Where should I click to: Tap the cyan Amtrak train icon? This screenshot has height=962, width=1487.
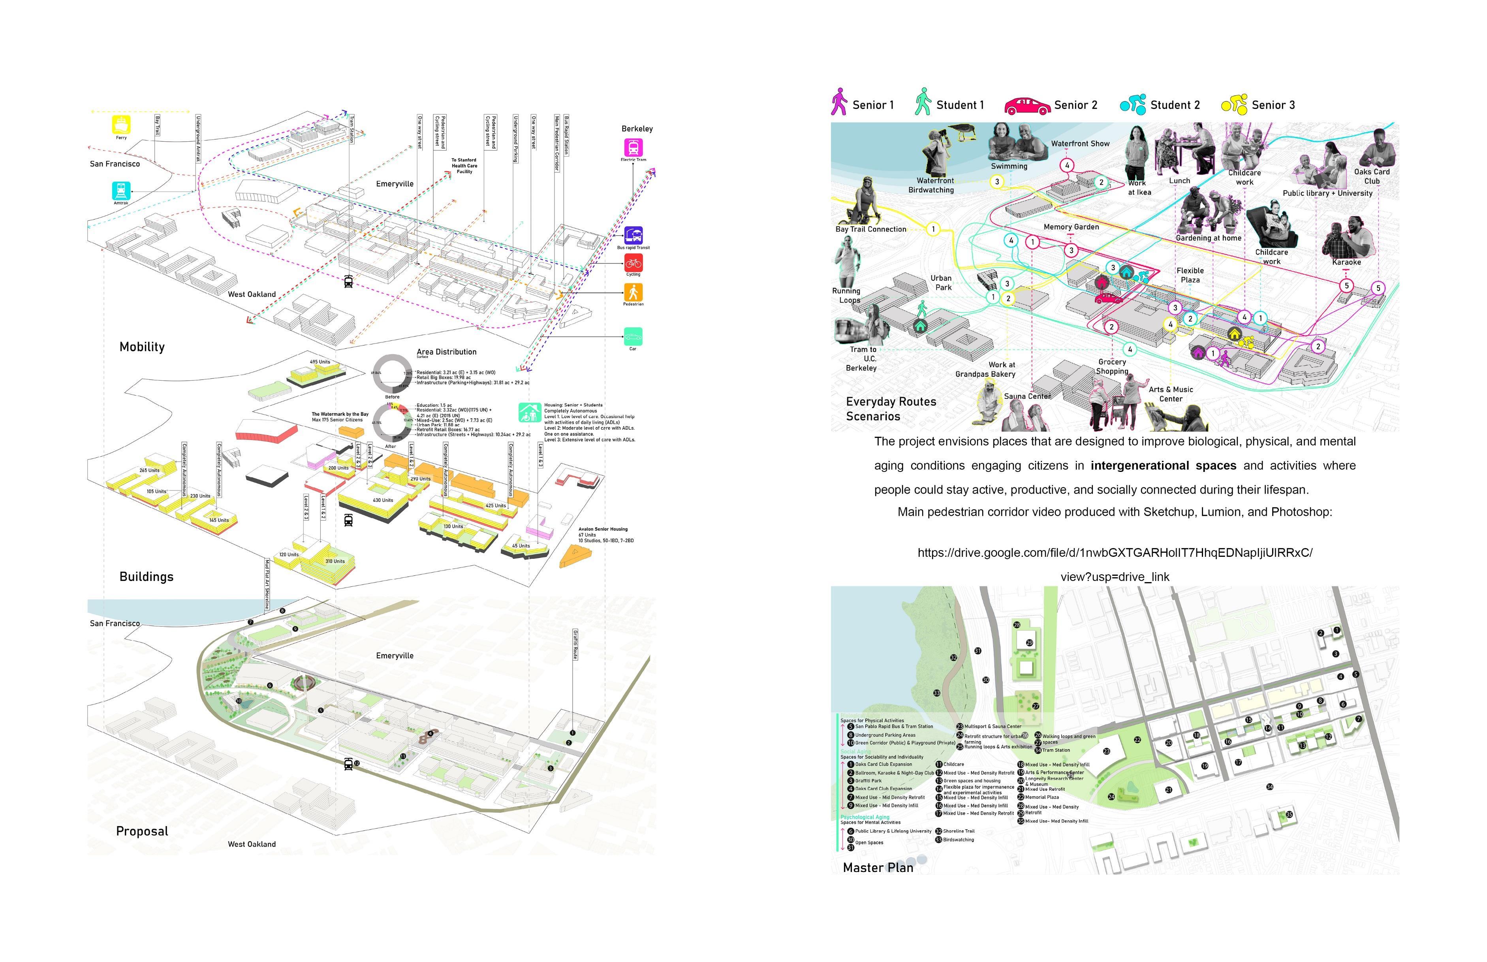click(x=121, y=190)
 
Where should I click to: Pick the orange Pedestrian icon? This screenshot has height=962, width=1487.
click(x=633, y=292)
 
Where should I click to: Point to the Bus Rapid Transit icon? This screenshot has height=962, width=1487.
click(x=633, y=235)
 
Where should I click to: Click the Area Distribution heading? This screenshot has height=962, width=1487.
click(x=446, y=352)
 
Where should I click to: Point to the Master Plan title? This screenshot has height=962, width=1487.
click(x=878, y=868)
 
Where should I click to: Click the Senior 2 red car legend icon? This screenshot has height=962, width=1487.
click(x=1027, y=105)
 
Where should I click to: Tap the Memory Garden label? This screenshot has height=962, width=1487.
click(x=1071, y=227)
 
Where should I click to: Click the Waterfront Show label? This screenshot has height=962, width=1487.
click(x=1080, y=144)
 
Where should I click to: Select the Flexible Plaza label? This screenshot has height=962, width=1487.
click(x=1190, y=275)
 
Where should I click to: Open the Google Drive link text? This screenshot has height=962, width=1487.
click(x=1115, y=553)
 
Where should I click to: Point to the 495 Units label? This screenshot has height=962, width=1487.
click(x=320, y=362)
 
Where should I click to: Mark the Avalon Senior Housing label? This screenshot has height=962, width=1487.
click(x=603, y=529)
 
